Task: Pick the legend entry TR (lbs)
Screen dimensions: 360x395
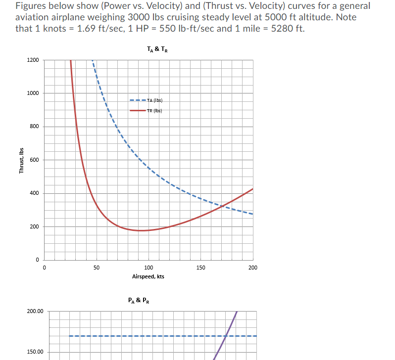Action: [x=155, y=110]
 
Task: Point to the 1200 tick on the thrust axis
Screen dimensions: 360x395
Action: [x=33, y=60]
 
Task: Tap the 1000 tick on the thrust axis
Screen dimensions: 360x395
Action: [x=33, y=93]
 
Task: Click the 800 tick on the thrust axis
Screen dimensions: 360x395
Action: [x=34, y=127]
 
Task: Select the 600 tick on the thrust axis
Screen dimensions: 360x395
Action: [x=34, y=160]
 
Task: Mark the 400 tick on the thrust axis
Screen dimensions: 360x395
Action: [x=34, y=193]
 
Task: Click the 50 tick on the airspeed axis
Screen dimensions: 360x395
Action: [x=97, y=268]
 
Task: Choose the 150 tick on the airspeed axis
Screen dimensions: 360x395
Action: [x=200, y=268]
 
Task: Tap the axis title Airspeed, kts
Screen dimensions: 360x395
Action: [x=148, y=276]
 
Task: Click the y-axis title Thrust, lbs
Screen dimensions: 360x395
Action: [x=21, y=160]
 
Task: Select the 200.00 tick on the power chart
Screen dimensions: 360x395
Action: [x=35, y=312]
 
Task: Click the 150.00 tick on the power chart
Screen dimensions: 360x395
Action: [x=35, y=352]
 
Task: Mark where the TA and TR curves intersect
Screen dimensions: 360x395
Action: [x=223, y=205]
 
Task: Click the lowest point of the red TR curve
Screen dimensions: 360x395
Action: [x=143, y=230]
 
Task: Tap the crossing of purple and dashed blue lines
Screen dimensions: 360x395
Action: [x=226, y=336]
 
